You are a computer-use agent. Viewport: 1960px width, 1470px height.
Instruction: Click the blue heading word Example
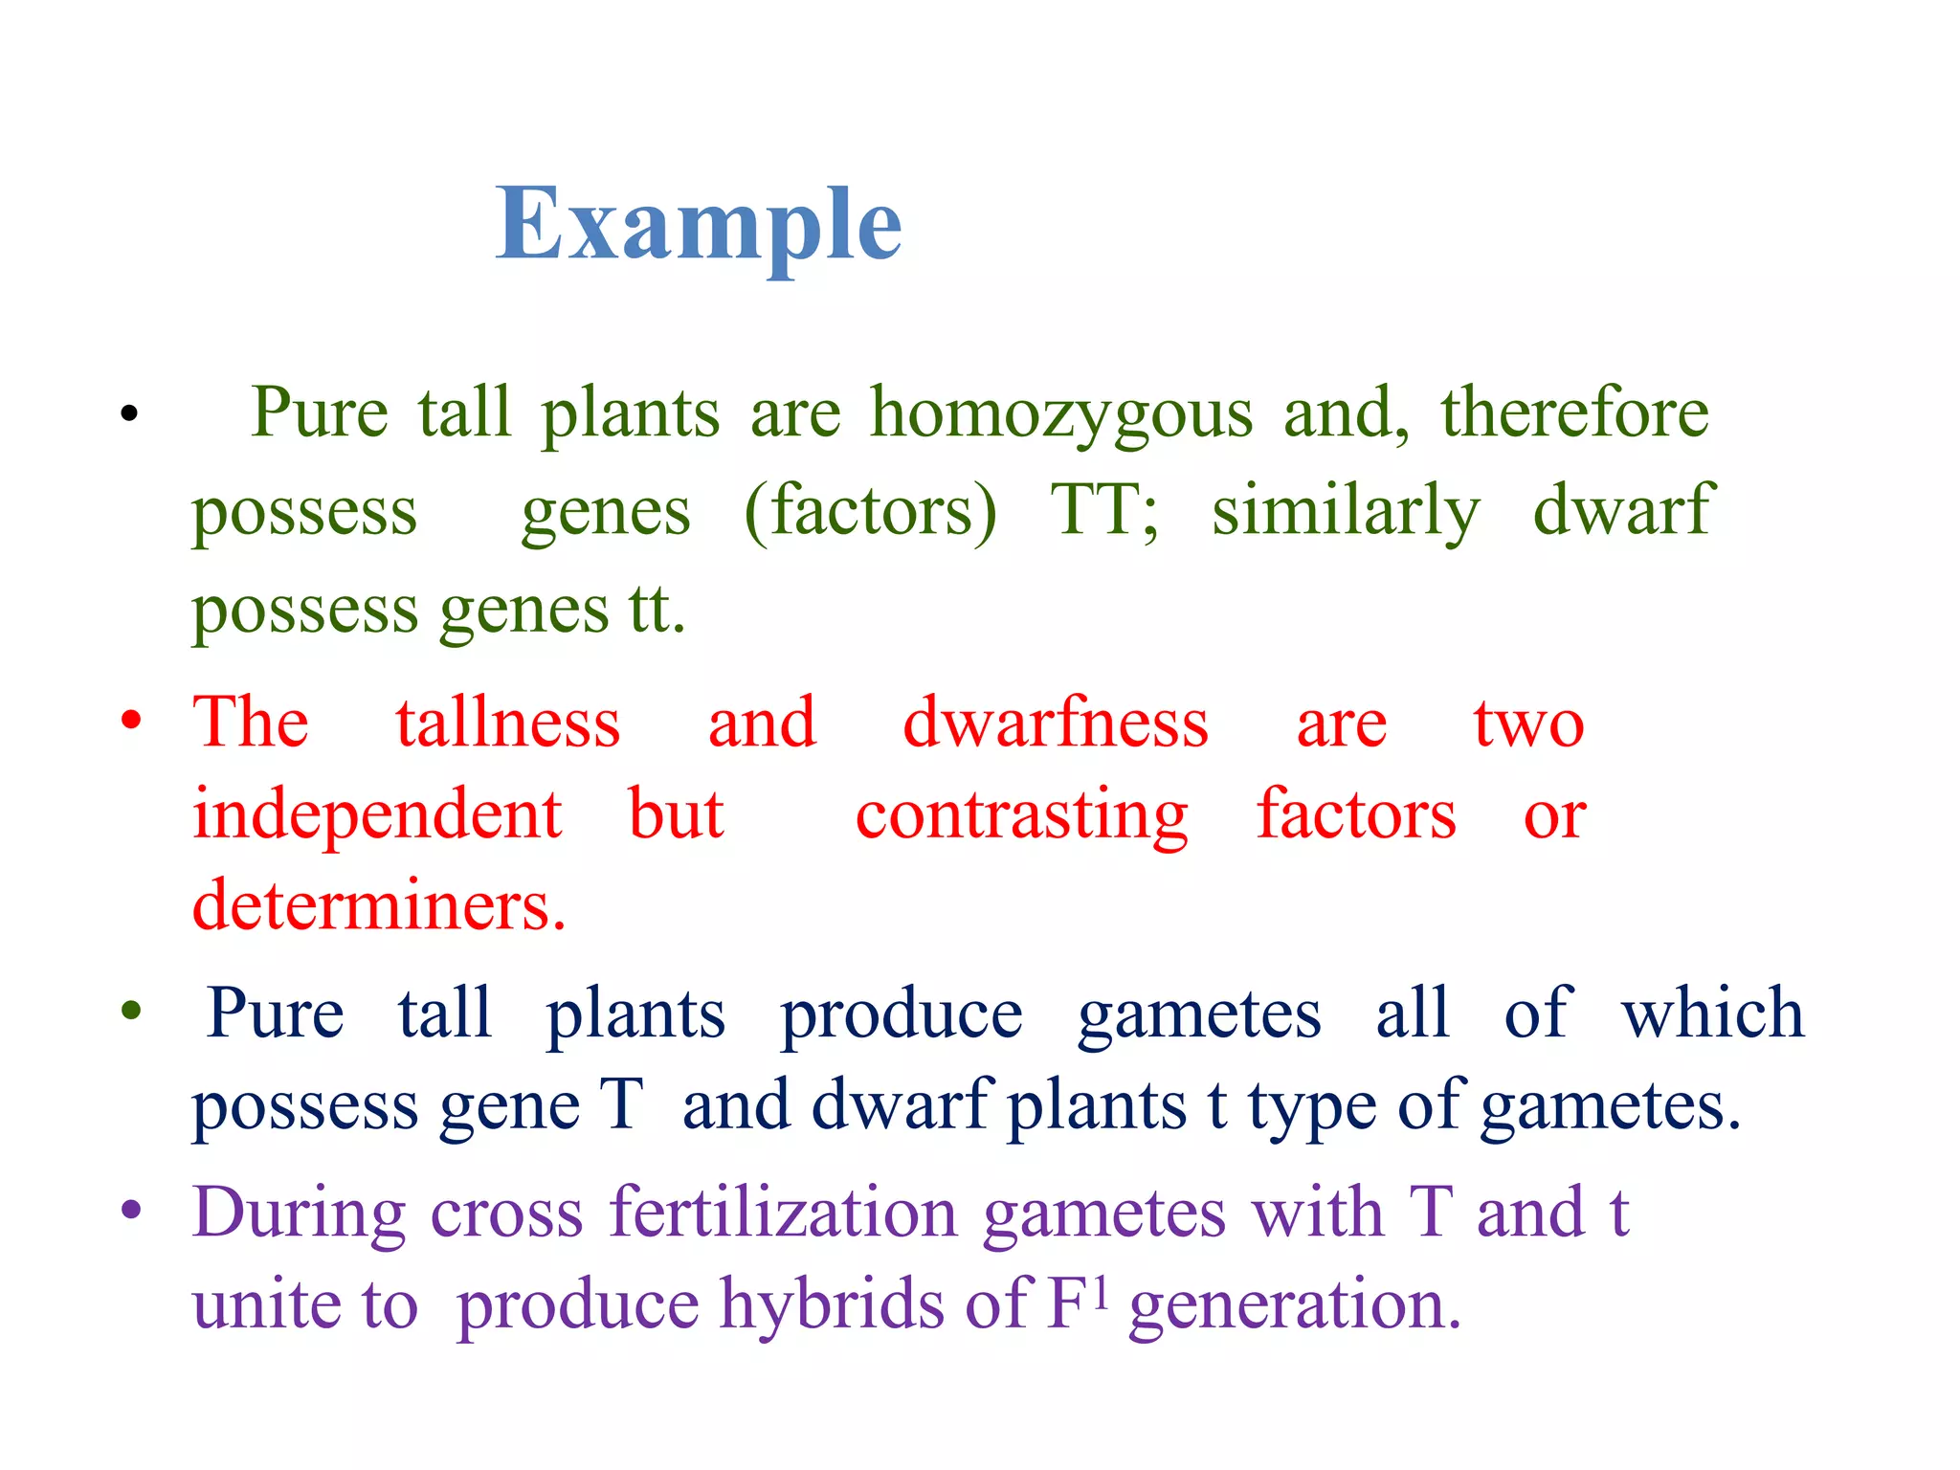tap(699, 226)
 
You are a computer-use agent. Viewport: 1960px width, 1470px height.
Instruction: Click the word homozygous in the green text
tap(1061, 414)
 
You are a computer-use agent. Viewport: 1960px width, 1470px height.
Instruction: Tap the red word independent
tap(377, 815)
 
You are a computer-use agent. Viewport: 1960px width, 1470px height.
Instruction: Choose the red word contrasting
tap(1021, 815)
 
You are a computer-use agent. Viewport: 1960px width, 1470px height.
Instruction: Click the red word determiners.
tap(379, 905)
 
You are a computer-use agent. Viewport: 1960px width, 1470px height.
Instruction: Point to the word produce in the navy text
tap(902, 1014)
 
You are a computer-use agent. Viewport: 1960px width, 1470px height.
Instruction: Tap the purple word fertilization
tap(784, 1213)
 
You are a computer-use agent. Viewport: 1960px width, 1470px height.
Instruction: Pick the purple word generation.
tap(1295, 1305)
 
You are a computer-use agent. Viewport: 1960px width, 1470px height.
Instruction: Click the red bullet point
tap(132, 720)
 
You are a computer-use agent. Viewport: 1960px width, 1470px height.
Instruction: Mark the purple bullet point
tap(132, 1210)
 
